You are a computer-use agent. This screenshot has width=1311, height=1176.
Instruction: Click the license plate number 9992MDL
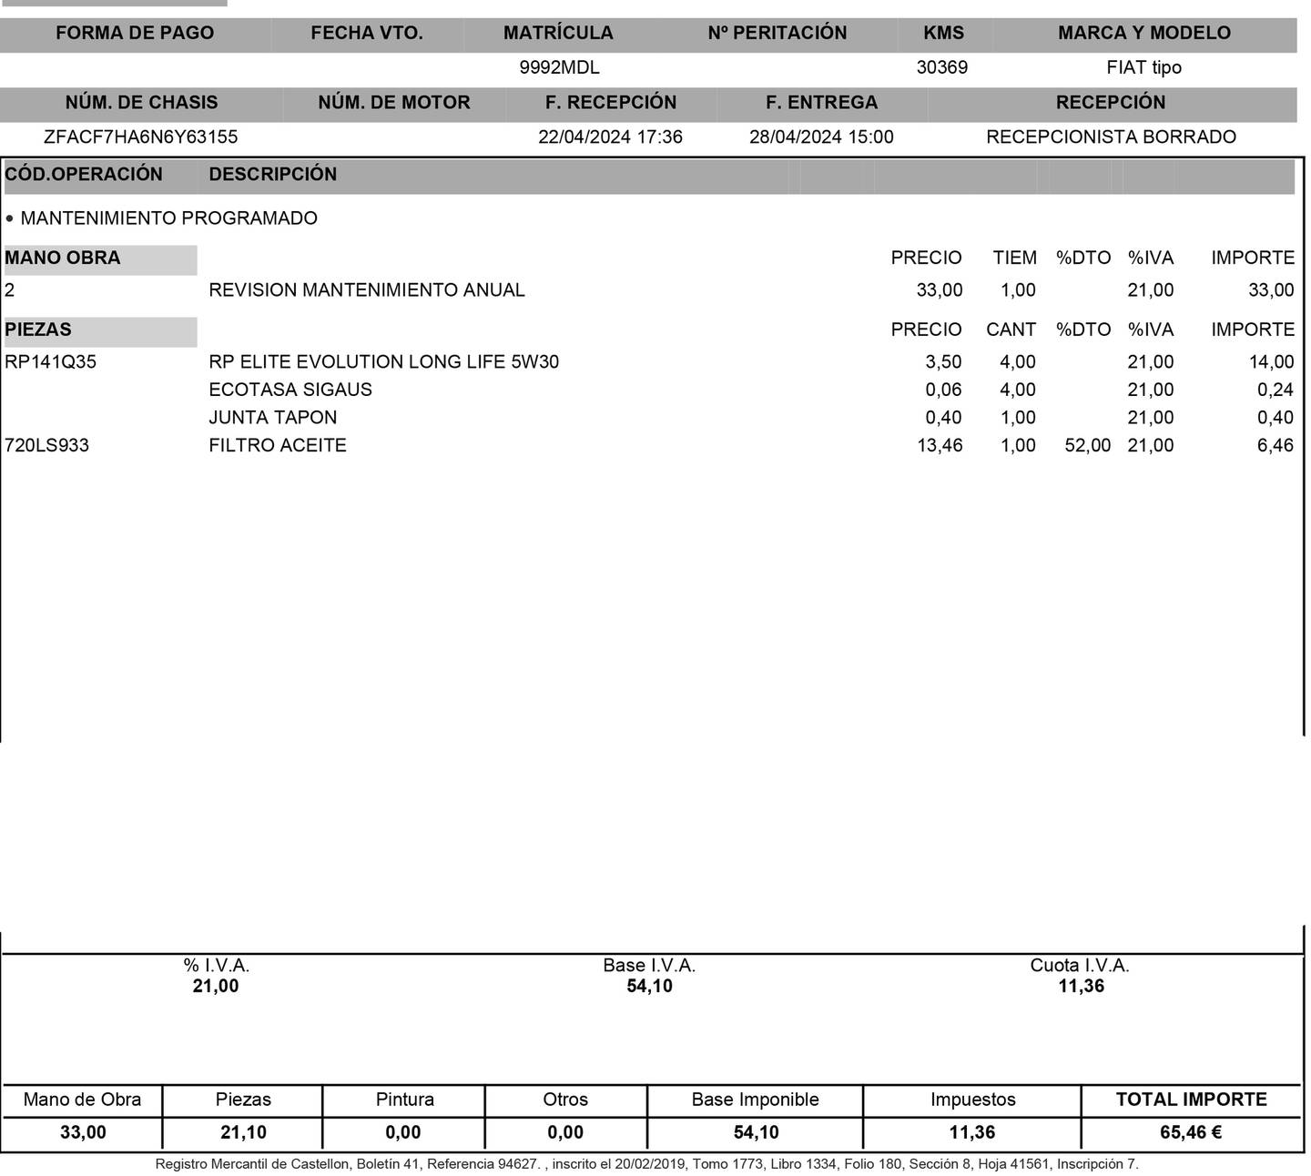coord(559,67)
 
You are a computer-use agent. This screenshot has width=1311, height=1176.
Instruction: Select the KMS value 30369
coord(941,67)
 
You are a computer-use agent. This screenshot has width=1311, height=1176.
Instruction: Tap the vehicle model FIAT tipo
coord(1143,67)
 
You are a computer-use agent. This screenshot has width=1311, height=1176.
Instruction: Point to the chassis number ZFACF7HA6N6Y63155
coord(141,137)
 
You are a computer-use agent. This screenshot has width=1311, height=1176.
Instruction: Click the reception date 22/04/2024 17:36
coord(610,137)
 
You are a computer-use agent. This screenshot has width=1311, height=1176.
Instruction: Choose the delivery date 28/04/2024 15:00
coord(821,137)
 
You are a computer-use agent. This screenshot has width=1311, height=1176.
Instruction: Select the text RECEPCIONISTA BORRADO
coord(1111,137)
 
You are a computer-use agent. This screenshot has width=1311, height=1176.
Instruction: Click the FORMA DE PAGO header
coord(135,33)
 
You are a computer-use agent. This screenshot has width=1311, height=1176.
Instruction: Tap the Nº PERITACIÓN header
coord(777,33)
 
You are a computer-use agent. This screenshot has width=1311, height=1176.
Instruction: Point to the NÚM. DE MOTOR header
coord(394,102)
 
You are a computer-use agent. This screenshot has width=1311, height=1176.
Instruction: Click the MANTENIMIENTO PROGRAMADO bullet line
coord(168,218)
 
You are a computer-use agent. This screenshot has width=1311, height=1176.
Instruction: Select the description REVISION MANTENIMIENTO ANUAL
coord(367,290)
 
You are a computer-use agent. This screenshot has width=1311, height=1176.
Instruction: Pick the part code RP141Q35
coord(51,362)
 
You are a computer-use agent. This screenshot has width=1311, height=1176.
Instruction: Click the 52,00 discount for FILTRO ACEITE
coord(1087,446)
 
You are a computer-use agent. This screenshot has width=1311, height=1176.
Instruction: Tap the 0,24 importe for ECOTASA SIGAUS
coord(1275,390)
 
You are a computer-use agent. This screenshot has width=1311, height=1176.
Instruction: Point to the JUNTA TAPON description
coord(273,418)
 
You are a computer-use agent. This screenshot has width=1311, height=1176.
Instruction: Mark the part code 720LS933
coord(47,446)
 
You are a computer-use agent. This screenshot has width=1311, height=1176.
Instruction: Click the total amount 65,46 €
coord(1190,1133)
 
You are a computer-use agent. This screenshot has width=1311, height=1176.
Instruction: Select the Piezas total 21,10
coord(243,1133)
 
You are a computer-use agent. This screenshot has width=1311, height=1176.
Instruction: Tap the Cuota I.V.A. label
coord(1080,966)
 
